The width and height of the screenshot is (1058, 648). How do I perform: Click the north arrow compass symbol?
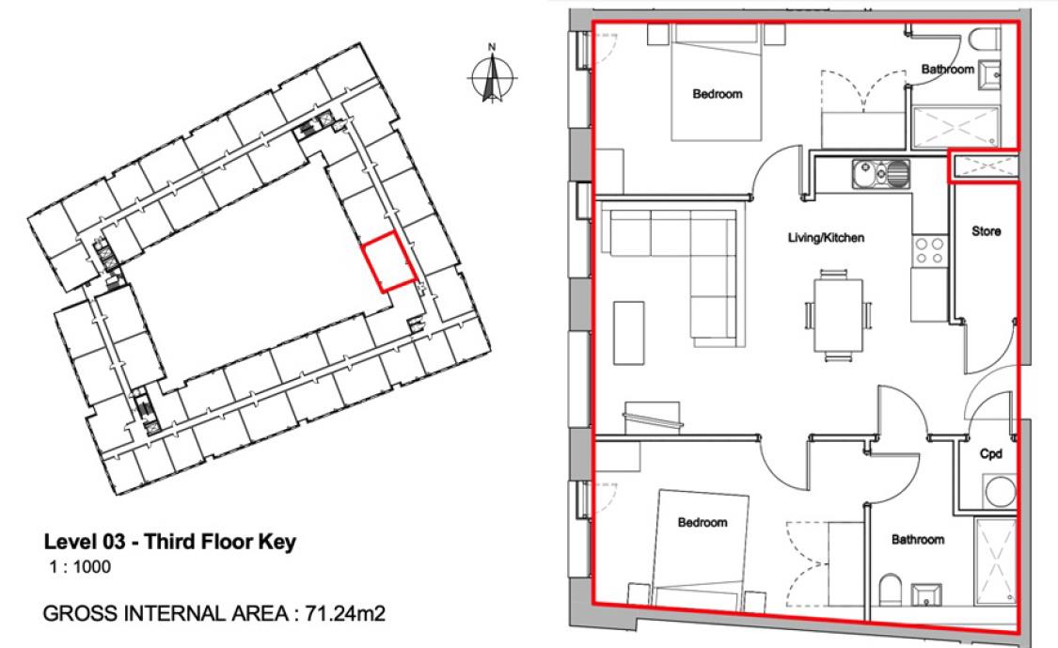coord(490,73)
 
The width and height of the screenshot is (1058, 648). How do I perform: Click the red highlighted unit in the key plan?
coord(389,263)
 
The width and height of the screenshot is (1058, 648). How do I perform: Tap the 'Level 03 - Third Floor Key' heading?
coord(170,543)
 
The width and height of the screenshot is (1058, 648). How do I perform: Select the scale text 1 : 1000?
coord(80,567)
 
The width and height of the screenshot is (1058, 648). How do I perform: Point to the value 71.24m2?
coord(340,614)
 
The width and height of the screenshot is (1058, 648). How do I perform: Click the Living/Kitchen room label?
coord(825,238)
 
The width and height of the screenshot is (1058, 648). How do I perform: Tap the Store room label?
coord(986,230)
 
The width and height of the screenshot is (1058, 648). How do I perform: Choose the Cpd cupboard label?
coord(990,453)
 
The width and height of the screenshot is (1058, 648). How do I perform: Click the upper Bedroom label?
coord(718,94)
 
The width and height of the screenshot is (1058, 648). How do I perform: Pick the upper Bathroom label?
coord(947,69)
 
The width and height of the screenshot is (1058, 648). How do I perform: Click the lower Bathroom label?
coord(917,539)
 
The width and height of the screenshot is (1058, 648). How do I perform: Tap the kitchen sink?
coord(881,173)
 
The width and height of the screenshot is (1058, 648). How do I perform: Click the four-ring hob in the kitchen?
coord(930,250)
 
